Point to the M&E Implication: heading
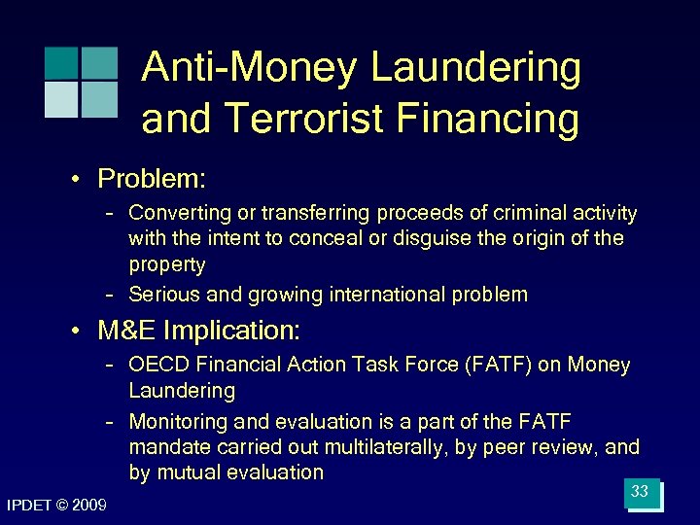199,331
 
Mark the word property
166,263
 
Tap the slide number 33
640,492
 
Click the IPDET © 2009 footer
56,504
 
